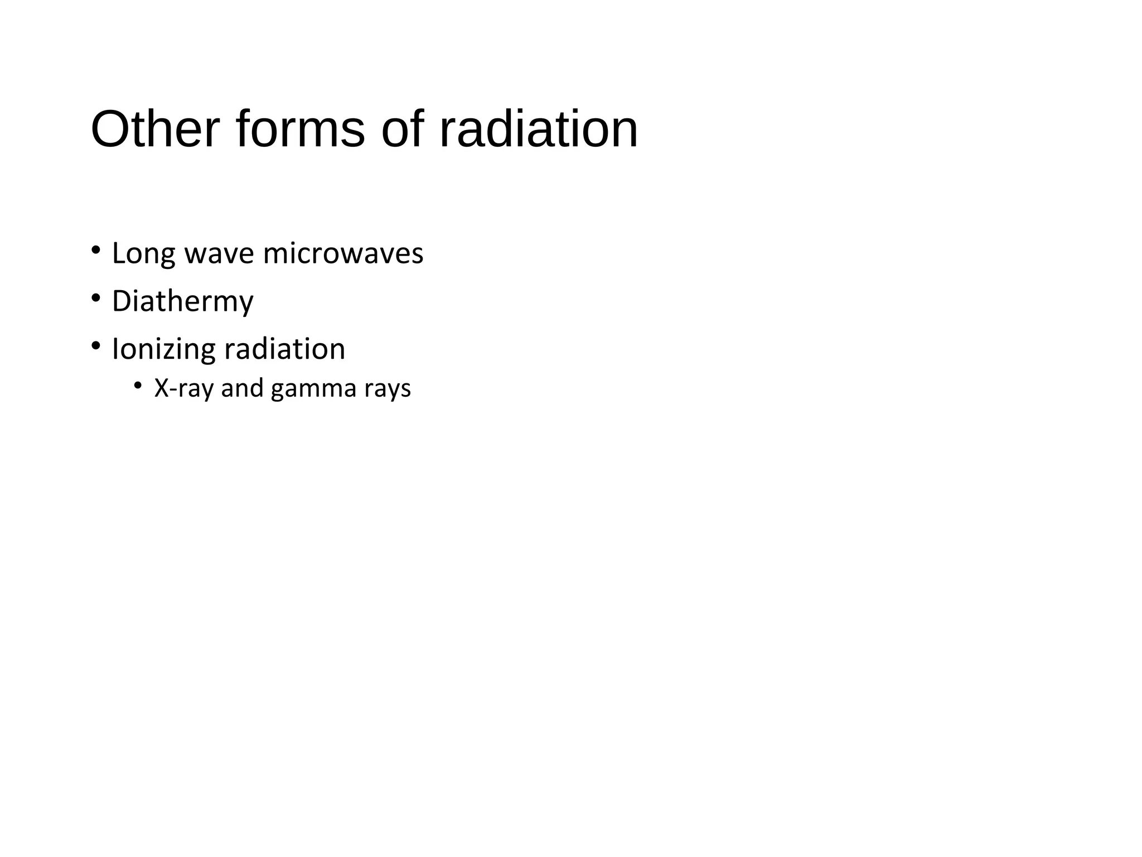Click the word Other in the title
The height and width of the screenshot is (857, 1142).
point(155,129)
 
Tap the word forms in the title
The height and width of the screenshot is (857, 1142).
point(301,129)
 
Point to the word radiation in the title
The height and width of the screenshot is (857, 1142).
point(539,129)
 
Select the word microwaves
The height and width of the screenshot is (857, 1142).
point(343,254)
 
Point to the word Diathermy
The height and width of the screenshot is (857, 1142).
point(182,302)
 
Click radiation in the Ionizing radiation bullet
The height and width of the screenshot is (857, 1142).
point(284,350)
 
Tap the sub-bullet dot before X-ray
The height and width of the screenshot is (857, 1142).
point(138,384)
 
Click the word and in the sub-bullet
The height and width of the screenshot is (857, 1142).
point(242,388)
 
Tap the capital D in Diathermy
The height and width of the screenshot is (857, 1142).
point(121,301)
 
